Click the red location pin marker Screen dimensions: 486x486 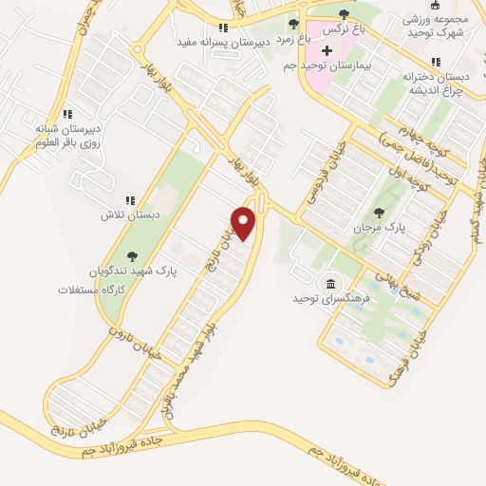click(x=244, y=223)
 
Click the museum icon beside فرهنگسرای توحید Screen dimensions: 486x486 click(x=330, y=284)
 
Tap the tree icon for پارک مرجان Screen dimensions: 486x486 click(x=380, y=213)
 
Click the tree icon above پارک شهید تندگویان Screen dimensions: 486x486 click(x=131, y=254)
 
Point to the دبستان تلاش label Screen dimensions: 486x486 click(x=126, y=215)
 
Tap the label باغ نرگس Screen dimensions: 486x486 click(x=343, y=28)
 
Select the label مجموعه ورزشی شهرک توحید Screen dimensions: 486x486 click(x=434, y=25)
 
